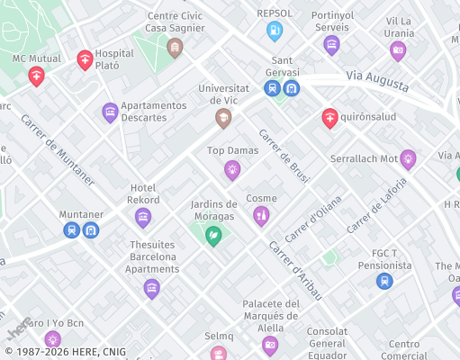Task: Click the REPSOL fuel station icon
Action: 275,31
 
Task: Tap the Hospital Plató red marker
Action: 85,60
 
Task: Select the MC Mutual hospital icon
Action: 36,76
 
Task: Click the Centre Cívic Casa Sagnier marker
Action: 176,48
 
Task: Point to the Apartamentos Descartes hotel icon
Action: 110,112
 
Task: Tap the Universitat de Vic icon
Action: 222,118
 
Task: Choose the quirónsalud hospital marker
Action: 330,117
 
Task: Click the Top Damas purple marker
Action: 232,169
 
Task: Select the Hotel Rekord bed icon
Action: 142,217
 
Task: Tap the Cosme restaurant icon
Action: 261,215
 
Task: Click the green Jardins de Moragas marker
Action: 213,236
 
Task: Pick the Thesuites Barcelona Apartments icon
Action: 151,288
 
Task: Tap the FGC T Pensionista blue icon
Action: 384,281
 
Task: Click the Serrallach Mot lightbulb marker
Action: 408,159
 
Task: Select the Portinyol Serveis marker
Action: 331,44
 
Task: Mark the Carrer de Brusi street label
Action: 284,157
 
